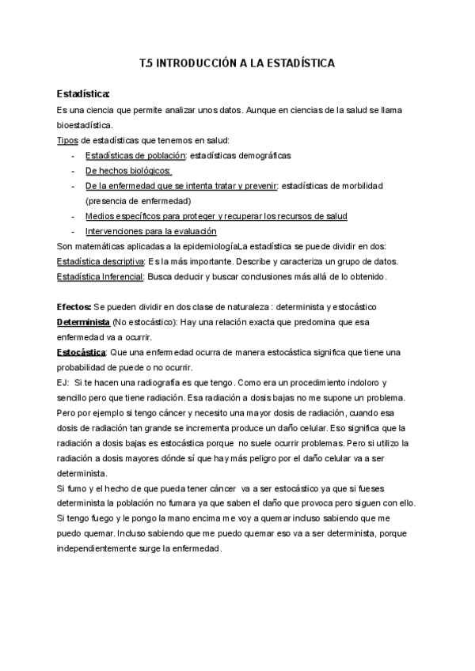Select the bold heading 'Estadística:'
pos(83,94)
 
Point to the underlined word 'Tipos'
pos(68,140)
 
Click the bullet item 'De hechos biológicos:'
pos(128,171)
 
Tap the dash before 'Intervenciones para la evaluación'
pos(73,231)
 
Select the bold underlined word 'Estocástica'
pos(82,352)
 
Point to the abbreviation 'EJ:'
pos(63,382)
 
